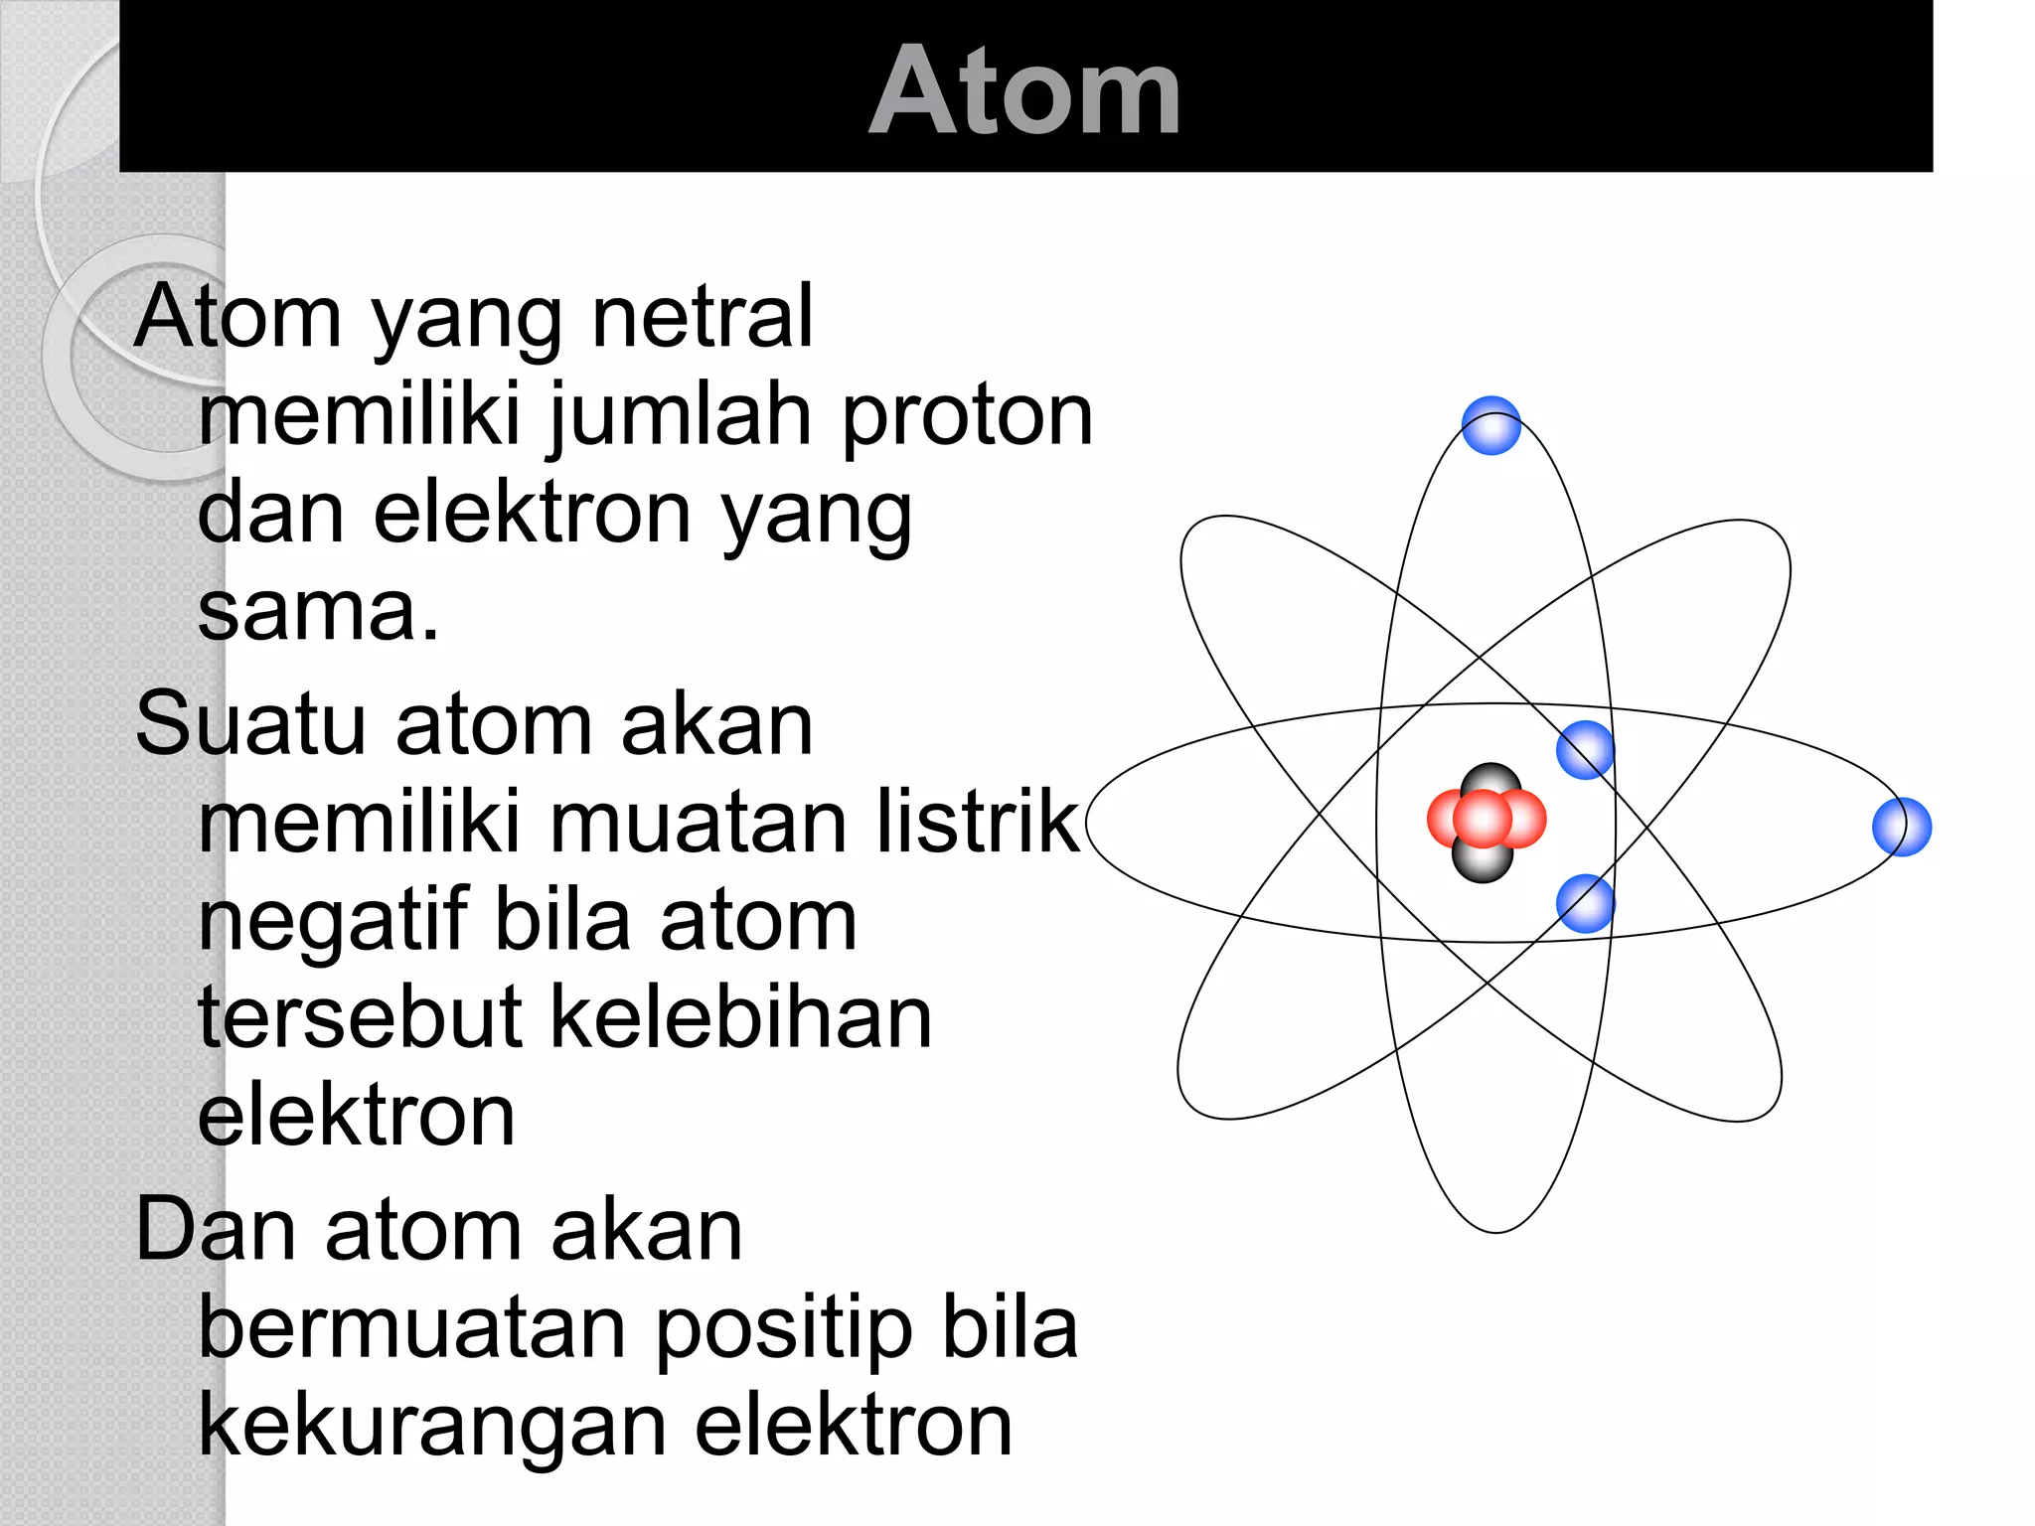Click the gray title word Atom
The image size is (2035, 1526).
pos(1024,91)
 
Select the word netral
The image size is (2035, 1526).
pos(703,317)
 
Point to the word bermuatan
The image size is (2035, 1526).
pos(411,1328)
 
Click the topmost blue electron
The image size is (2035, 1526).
pos(1490,425)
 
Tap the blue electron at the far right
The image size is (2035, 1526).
pos(1901,827)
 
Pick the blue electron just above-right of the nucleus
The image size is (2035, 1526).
pos(1585,750)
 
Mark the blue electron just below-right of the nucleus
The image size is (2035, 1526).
pos(1585,903)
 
